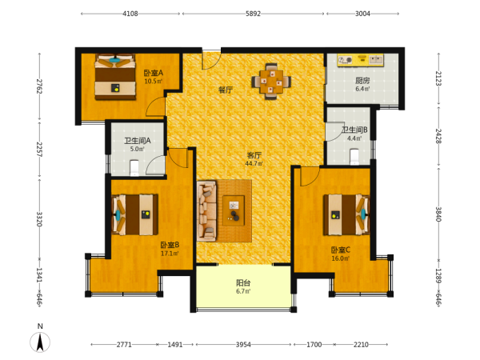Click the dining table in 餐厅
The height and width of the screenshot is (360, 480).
coord(271,82)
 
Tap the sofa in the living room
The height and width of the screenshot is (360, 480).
coord(206,210)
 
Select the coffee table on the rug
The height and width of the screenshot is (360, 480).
coord(234,210)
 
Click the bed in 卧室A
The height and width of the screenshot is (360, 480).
coord(115,77)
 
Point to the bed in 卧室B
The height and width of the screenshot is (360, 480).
coord(135,214)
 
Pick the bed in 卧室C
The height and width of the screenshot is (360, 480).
coord(346,214)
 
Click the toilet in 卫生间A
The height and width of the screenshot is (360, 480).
coord(134,168)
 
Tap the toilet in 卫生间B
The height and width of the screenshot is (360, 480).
coord(354,157)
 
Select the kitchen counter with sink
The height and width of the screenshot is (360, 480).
coord(360,60)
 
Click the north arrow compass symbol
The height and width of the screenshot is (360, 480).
coord(40,342)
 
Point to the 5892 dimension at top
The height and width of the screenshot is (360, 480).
coord(253,14)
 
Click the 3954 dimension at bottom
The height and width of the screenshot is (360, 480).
coord(243,345)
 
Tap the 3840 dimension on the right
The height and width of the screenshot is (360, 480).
coord(438,214)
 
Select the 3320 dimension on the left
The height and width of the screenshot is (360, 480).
coord(39,219)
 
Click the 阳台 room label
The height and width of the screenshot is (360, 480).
coord(243,282)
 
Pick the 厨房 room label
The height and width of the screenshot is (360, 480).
coord(362,81)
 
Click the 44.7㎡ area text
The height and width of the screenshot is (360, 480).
coord(254,163)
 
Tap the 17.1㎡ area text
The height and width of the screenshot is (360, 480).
coord(170,253)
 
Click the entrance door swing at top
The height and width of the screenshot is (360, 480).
coord(211,60)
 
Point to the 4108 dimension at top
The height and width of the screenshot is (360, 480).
coord(130,14)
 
